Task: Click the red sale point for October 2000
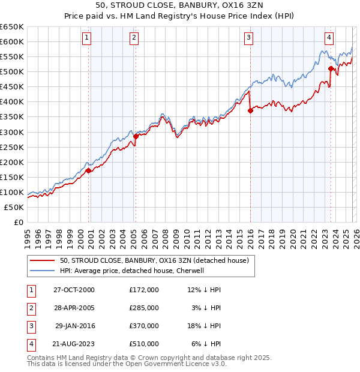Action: [x=89, y=170]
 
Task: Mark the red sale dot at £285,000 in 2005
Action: [x=136, y=136]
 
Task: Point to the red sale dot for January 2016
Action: [x=250, y=111]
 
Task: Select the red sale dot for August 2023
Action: [x=331, y=69]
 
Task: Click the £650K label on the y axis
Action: [x=12, y=27]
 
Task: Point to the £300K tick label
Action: [x=12, y=132]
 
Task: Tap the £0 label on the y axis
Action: [x=19, y=222]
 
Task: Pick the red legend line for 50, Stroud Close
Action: [x=42, y=260]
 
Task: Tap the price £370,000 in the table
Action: [x=144, y=326]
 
